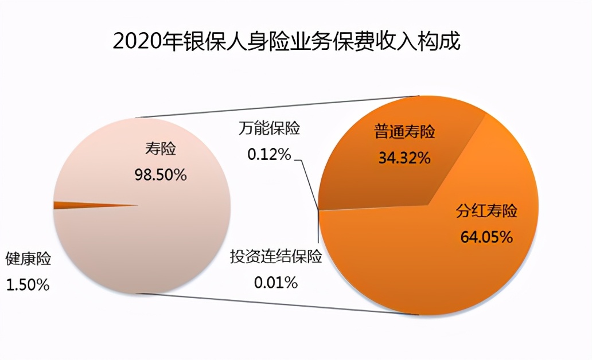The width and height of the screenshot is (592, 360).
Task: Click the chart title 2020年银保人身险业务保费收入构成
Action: coord(286,41)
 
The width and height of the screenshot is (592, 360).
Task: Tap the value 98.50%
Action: coord(160,175)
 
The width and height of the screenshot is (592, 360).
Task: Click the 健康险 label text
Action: coord(28,259)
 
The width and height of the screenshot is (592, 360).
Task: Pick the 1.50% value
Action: coord(28,285)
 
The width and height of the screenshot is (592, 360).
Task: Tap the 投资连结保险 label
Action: coord(276,256)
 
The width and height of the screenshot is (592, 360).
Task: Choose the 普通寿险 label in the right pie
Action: coord(404,132)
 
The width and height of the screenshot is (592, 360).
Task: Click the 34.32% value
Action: coord(404,158)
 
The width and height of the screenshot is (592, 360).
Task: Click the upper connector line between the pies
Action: coord(275,107)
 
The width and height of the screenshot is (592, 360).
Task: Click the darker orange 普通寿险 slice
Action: coord(367,172)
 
